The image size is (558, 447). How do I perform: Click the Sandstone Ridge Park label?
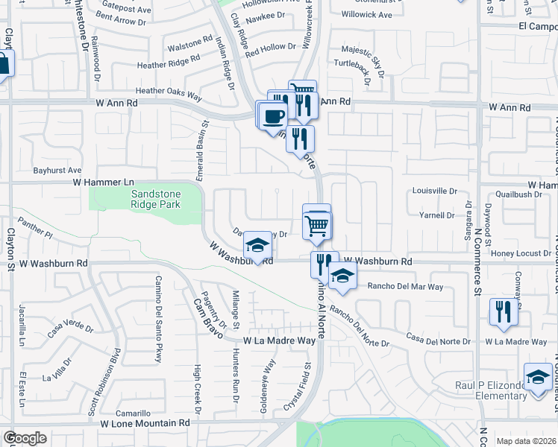pyautogui.click(x=145, y=197)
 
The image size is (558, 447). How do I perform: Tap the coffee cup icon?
pyautogui.click(x=275, y=115)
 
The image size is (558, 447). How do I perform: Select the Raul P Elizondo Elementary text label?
pyautogui.click(x=497, y=390)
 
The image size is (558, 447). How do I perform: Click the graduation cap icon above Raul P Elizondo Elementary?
pyautogui.click(x=537, y=377)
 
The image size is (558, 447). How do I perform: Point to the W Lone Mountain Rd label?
pyautogui.click(x=145, y=422)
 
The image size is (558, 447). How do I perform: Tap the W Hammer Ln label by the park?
pyautogui.click(x=103, y=182)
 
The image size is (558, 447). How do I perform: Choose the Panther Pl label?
pyautogui.click(x=37, y=227)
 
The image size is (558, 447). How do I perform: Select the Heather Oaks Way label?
pyautogui.click(x=169, y=91)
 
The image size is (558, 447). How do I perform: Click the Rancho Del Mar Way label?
pyautogui.click(x=406, y=287)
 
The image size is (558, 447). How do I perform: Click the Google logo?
pyautogui.click(x=25, y=437)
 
